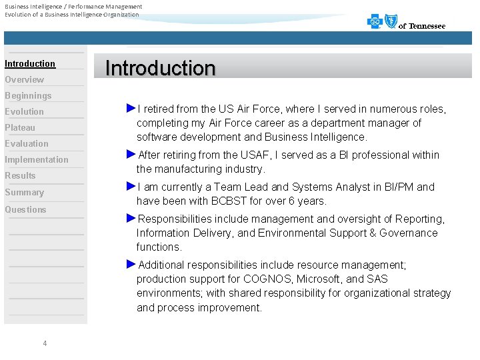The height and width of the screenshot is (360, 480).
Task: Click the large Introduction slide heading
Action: tap(161, 68)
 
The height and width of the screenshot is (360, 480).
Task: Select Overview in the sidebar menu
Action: tap(25, 80)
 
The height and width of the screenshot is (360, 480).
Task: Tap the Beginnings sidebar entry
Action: tap(28, 96)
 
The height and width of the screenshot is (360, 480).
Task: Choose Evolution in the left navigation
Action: tap(24, 112)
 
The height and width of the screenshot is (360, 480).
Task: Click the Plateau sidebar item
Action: tap(20, 128)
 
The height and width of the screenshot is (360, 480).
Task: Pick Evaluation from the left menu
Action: tap(27, 144)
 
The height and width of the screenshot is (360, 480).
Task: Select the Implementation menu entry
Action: tap(37, 160)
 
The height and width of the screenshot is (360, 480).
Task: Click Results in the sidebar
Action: tap(20, 176)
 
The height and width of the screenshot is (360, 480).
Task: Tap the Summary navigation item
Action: tap(24, 193)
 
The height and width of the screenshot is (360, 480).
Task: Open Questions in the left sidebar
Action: tap(25, 210)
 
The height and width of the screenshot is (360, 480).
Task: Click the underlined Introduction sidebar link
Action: tap(30, 64)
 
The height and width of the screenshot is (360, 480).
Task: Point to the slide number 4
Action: tap(45, 343)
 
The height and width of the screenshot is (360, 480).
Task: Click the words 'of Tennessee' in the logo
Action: tap(422, 26)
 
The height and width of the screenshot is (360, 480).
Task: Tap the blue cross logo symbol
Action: tap(375, 22)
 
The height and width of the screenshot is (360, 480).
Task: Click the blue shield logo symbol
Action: tap(391, 21)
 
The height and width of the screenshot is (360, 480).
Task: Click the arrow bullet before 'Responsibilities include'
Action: tap(131, 218)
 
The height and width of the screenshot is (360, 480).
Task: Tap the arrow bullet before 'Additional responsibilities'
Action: tap(131, 264)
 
